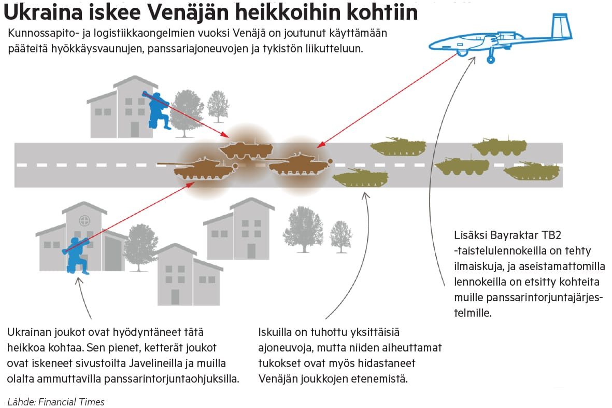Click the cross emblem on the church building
coord(84,221)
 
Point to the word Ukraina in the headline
coord(43,12)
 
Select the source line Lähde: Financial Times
coord(56,402)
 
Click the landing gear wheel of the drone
coord(491,59)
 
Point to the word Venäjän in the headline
coord(190,12)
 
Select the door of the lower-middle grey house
coord(175,297)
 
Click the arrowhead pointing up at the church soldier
coord(79,280)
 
